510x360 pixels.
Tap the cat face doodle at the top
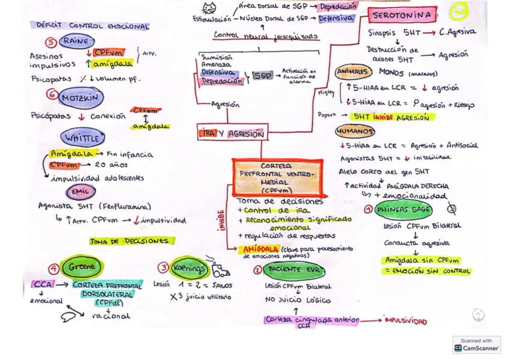click(x=209, y=8)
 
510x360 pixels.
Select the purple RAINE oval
click(x=76, y=41)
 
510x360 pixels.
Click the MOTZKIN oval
click(x=81, y=96)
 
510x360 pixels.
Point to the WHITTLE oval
click(x=80, y=138)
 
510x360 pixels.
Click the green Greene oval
click(x=82, y=266)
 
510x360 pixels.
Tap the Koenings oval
click(x=189, y=267)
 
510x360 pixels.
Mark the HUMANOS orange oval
click(x=355, y=131)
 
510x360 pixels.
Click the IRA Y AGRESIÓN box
click(x=230, y=133)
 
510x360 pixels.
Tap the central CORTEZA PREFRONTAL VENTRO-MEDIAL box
click(x=277, y=178)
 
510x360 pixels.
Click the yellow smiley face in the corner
click(x=459, y=11)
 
